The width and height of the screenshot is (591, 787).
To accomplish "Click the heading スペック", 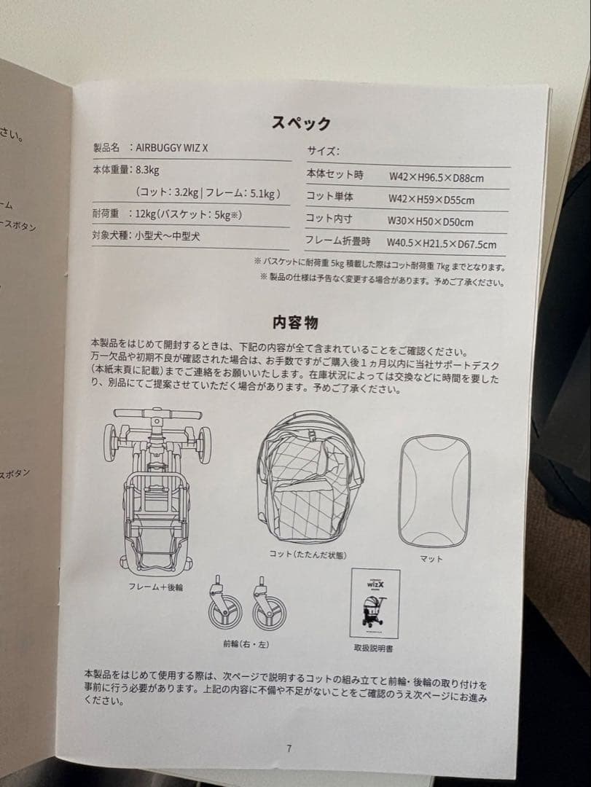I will (301, 123).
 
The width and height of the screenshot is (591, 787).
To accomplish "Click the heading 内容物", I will (294, 322).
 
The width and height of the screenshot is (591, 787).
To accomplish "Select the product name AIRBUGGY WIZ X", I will (172, 148).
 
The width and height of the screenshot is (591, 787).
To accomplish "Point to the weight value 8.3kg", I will (147, 171).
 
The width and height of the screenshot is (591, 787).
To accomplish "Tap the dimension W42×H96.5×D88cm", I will (436, 176).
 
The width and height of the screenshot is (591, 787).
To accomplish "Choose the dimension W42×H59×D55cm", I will (431, 199).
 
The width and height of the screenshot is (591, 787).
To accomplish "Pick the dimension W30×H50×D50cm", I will (430, 222).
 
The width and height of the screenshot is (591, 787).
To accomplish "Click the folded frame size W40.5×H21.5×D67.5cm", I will (442, 244).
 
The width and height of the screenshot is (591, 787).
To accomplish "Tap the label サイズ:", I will (323, 152).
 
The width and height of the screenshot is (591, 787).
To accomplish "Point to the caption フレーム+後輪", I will (155, 586).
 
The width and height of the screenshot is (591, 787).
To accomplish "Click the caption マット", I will (431, 559).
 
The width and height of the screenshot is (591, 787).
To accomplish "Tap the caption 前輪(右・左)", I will (246, 643).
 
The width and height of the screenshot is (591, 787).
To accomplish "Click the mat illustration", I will (435, 490).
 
